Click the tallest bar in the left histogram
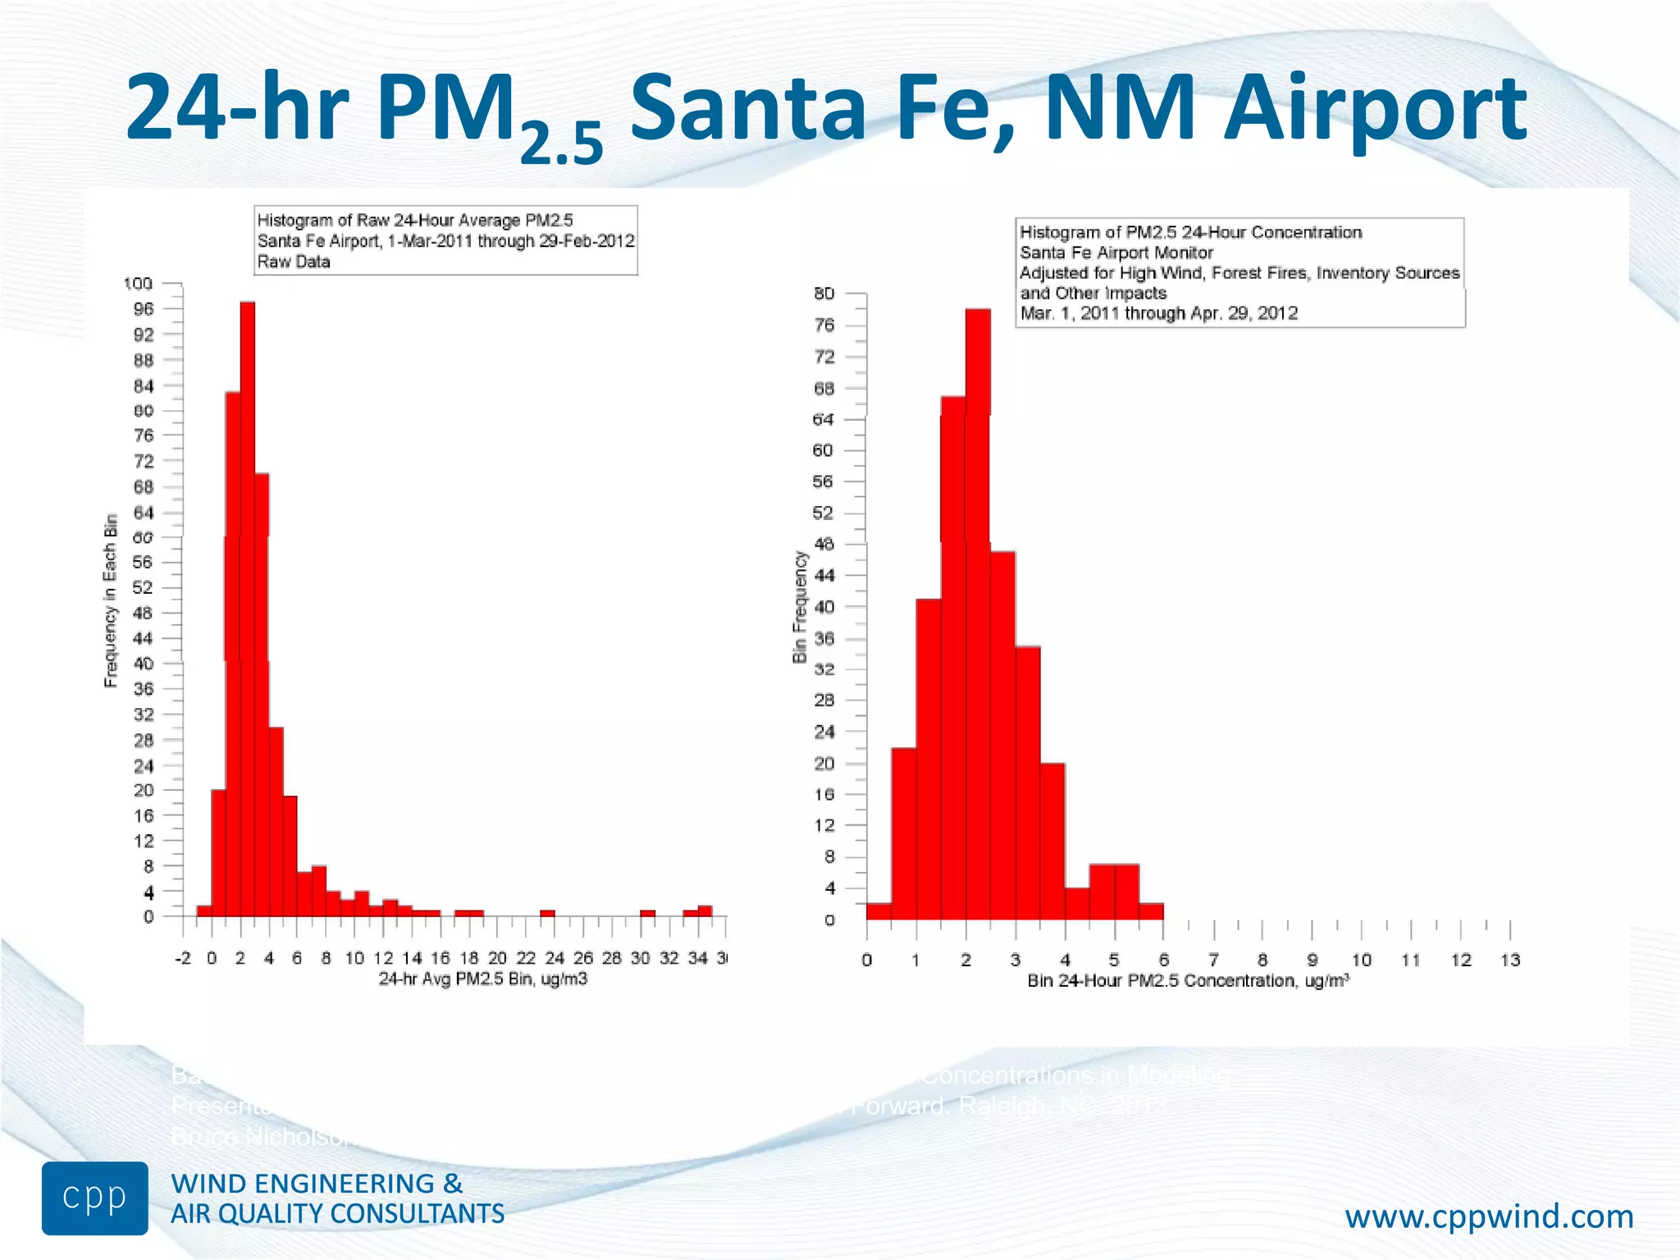[x=247, y=607]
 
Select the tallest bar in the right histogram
[x=978, y=615]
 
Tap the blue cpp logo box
[x=95, y=1198]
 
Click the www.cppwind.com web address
[x=1489, y=1216]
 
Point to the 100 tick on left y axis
[x=138, y=284]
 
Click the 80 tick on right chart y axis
[x=824, y=294]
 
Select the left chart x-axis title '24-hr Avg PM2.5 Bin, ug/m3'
[x=482, y=979]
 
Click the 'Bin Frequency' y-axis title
[x=800, y=607]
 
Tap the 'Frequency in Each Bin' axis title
[x=111, y=600]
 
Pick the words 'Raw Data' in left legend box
[x=294, y=262]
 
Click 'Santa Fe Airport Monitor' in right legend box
[x=1116, y=253]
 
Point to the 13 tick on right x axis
[x=1510, y=960]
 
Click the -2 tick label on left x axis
[x=183, y=958]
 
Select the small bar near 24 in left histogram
[x=547, y=913]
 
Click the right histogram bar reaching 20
[x=1052, y=841]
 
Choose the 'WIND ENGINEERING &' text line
[x=317, y=1184]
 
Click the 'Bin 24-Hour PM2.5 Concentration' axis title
[x=1188, y=981]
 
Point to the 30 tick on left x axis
[x=641, y=958]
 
